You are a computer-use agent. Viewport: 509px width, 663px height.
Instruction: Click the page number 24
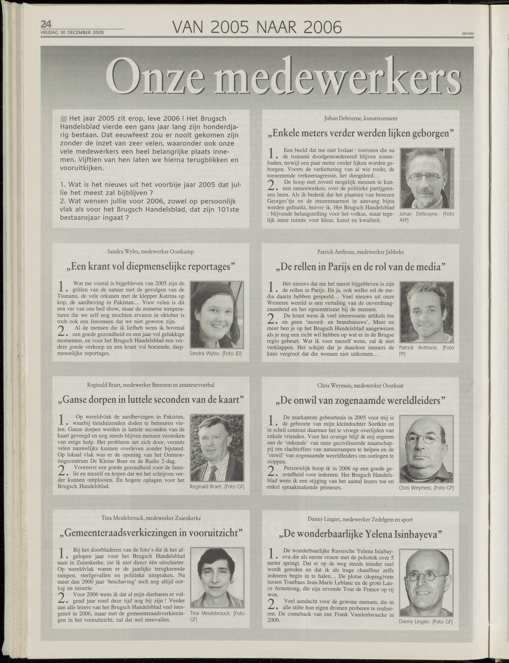46,24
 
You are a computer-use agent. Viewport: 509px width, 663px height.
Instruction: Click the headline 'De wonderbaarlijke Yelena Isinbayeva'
360,534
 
